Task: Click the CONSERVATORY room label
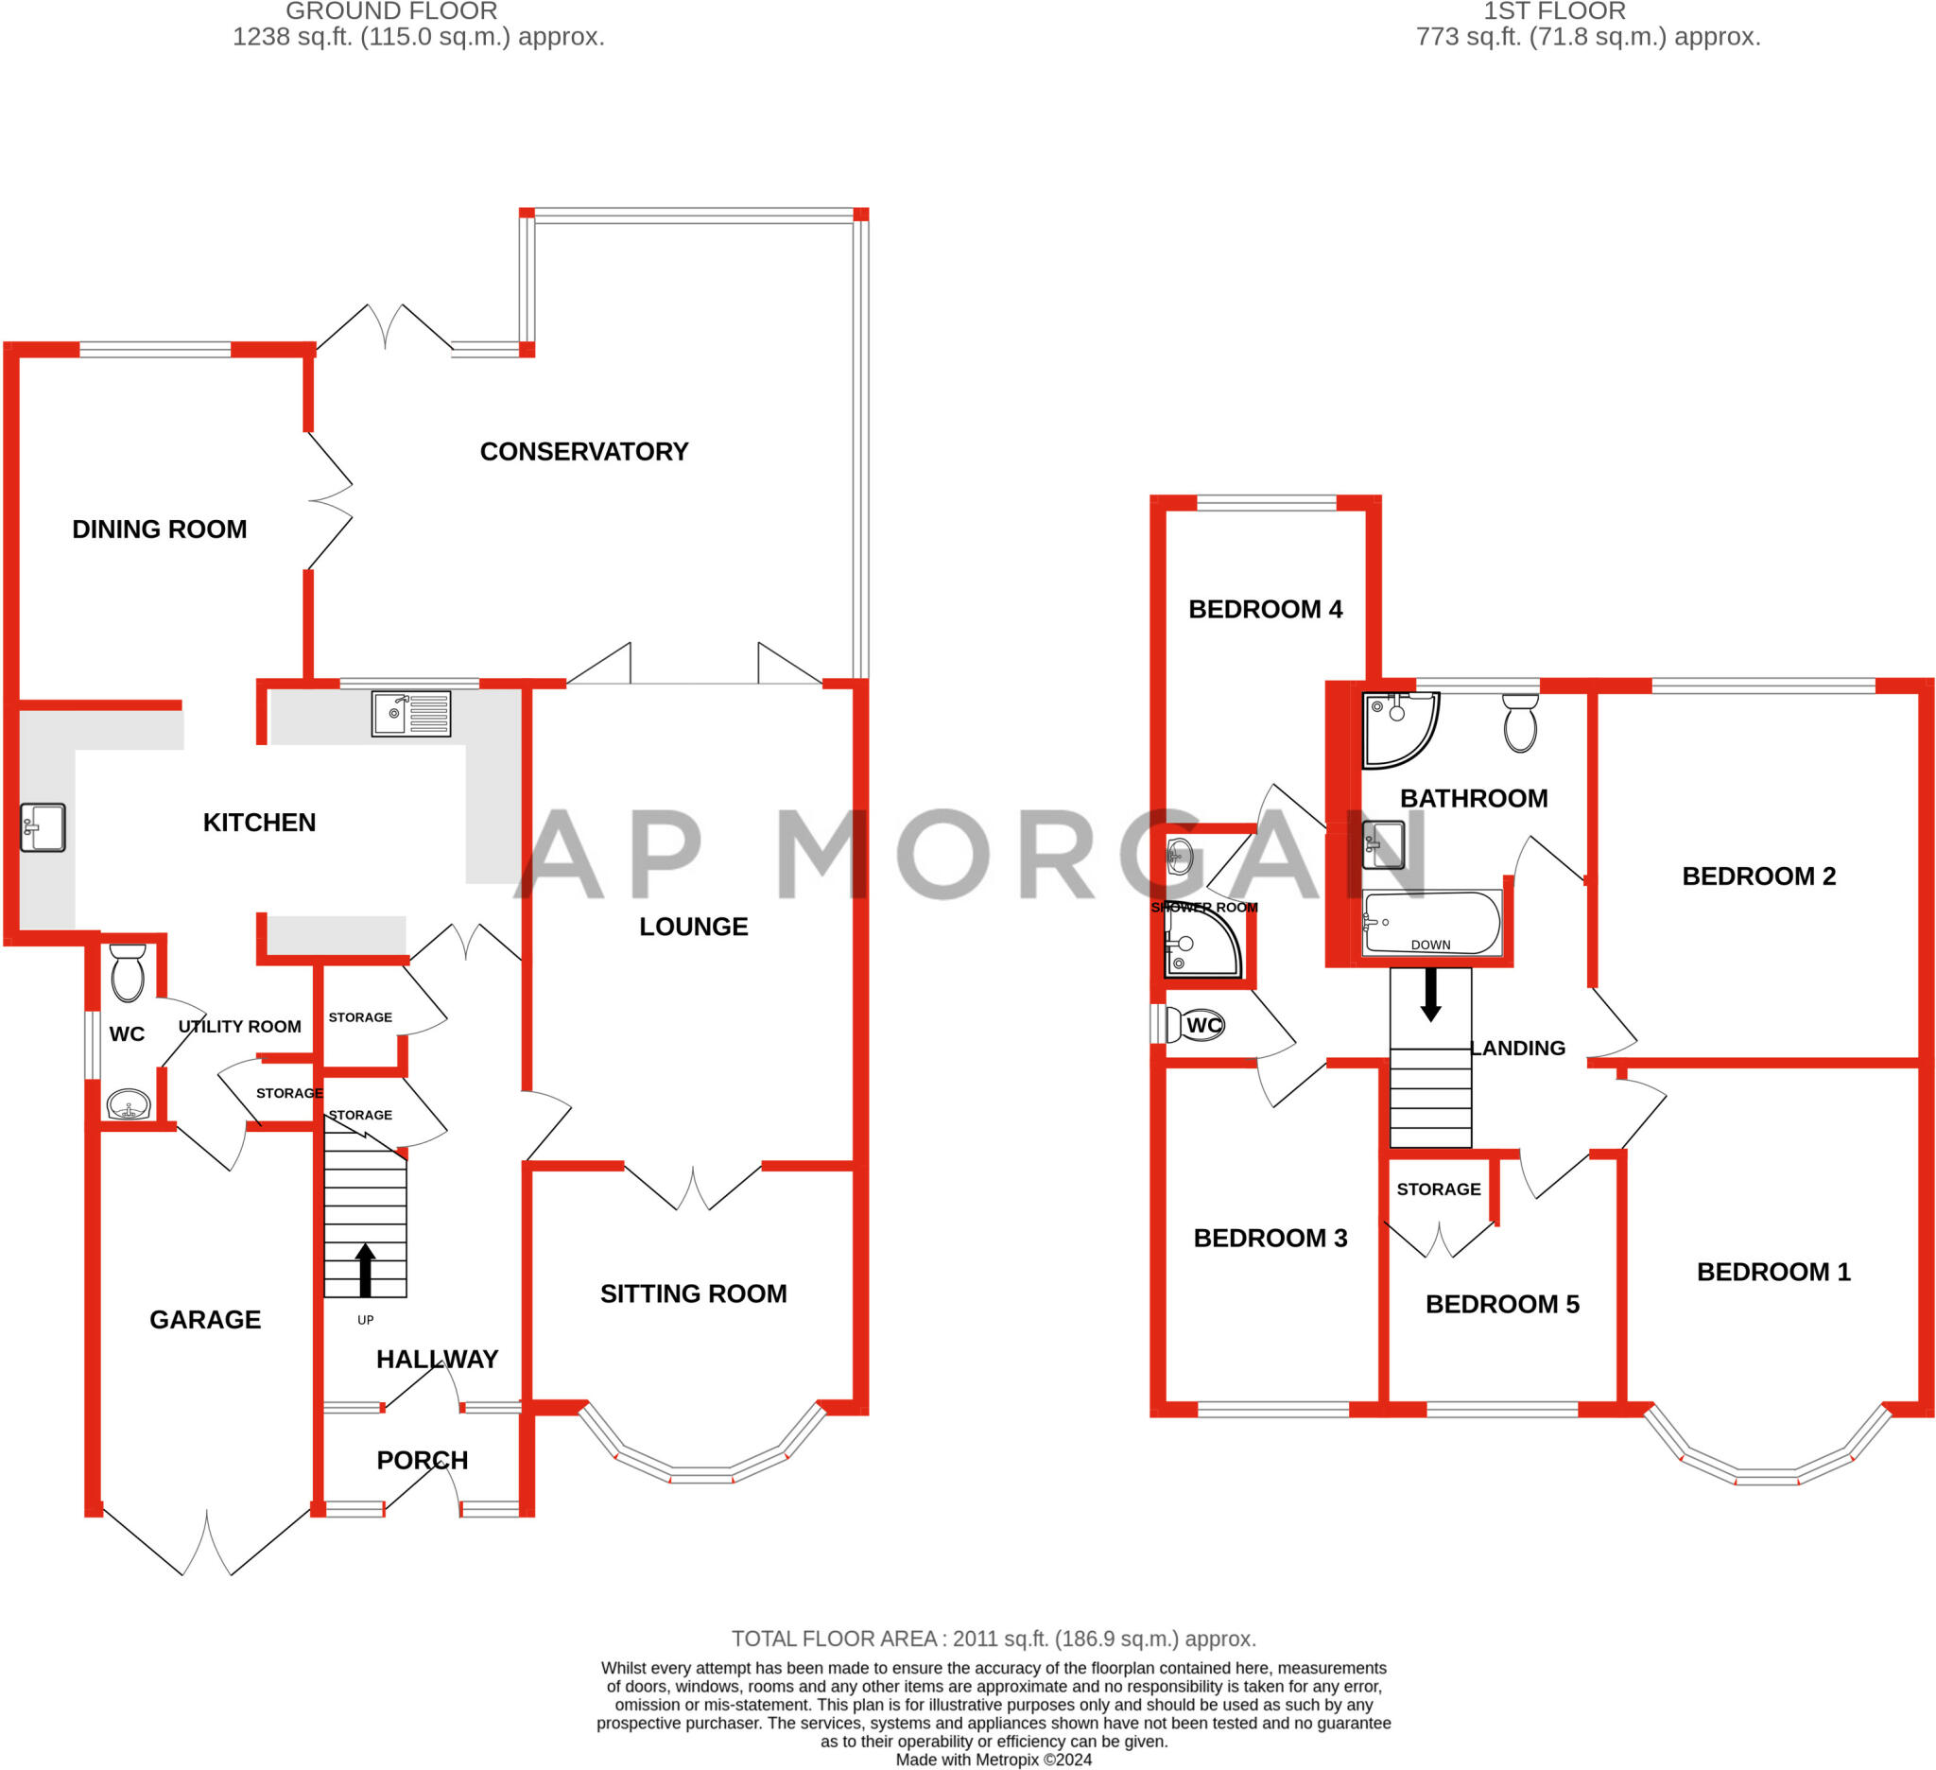[584, 451]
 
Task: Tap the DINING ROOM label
[160, 529]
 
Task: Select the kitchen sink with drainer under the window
[411, 714]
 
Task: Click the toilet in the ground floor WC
[128, 972]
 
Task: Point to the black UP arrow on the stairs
[365, 1270]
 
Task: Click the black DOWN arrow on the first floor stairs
[1431, 995]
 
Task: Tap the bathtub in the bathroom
[1431, 922]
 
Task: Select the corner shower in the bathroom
[1399, 728]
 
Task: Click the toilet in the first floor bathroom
[1520, 723]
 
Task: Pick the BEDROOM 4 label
[1265, 609]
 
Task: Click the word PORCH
[422, 1460]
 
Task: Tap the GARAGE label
[204, 1320]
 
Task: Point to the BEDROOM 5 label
[1502, 1304]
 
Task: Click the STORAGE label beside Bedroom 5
[1438, 1189]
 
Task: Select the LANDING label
[1518, 1048]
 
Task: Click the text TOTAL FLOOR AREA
[834, 1639]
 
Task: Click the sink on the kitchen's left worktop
[43, 827]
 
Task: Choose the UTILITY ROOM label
[239, 1027]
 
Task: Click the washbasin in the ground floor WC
[129, 1104]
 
